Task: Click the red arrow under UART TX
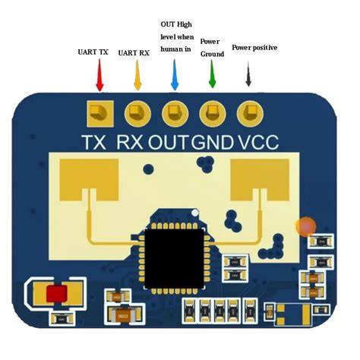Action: [99, 75]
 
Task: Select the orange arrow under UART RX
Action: [137, 75]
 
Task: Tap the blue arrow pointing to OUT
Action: [175, 74]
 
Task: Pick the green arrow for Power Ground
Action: [212, 74]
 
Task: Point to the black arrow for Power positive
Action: [248, 74]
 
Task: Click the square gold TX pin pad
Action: [100, 114]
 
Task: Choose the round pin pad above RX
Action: [137, 114]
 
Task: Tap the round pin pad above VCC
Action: [250, 114]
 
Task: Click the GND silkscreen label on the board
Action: [212, 142]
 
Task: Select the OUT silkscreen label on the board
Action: [169, 142]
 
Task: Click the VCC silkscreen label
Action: [258, 142]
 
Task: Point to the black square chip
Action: [174, 258]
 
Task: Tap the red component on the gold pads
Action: [57, 294]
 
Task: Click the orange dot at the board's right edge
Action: [306, 226]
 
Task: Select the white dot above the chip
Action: [194, 213]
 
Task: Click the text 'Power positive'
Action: [254, 48]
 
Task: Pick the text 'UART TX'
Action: [93, 52]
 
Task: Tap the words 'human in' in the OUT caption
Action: [175, 49]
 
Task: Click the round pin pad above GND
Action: [213, 114]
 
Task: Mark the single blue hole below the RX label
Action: [148, 169]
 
